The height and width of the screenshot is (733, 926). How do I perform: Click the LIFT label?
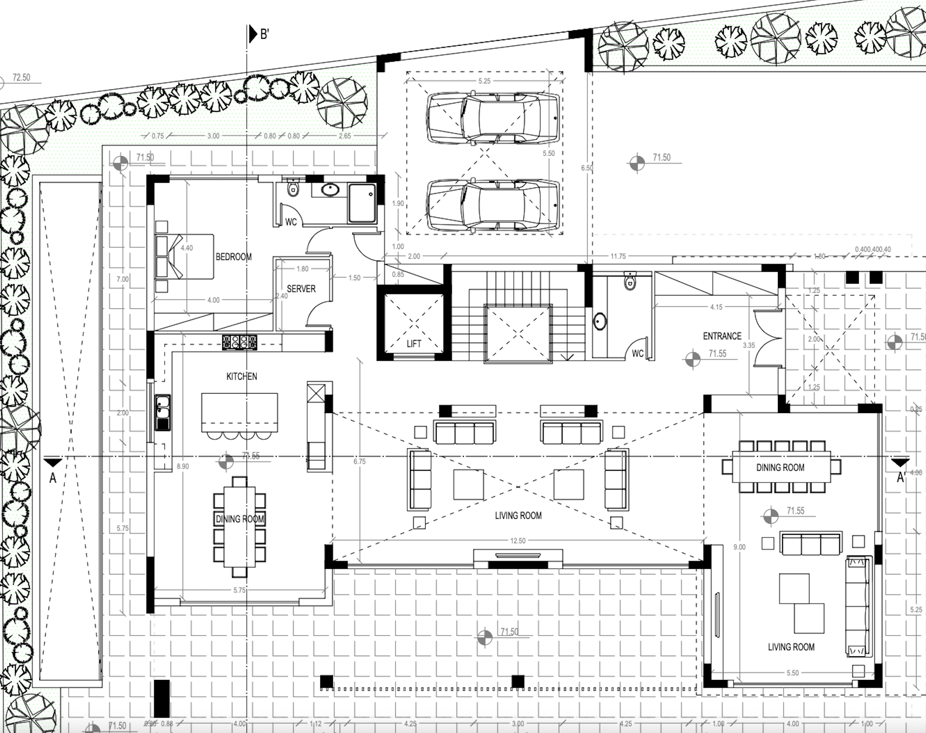(x=414, y=344)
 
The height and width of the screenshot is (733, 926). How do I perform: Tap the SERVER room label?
(x=301, y=289)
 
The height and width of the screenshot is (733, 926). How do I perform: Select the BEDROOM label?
(x=234, y=257)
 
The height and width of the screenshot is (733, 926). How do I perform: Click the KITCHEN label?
(x=242, y=376)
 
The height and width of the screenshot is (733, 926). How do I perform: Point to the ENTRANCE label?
(x=722, y=336)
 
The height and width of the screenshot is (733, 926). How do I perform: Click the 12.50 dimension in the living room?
(x=518, y=541)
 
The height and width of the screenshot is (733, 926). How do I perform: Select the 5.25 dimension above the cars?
(x=484, y=81)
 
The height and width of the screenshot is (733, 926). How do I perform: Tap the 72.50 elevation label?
(x=21, y=77)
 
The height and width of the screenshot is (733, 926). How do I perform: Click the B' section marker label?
(x=265, y=34)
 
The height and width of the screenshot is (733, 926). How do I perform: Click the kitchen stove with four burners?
(x=239, y=342)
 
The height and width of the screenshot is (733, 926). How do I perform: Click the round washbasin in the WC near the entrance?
(x=600, y=321)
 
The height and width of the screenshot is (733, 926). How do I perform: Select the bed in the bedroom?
(x=184, y=257)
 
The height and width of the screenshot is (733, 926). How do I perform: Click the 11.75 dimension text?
(x=618, y=256)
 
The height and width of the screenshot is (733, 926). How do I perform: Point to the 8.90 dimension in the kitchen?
(x=183, y=466)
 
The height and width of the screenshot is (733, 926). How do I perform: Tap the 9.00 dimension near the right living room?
(x=739, y=547)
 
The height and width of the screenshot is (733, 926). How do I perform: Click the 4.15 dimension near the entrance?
(x=716, y=307)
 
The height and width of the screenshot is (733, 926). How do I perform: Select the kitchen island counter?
(x=239, y=412)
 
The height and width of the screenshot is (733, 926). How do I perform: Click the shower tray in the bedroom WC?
(x=362, y=203)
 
